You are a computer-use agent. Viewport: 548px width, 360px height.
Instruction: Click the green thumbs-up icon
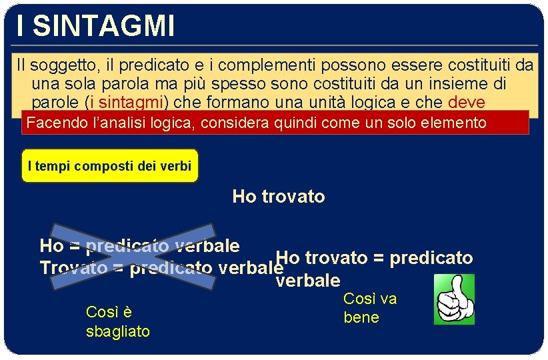click(454, 299)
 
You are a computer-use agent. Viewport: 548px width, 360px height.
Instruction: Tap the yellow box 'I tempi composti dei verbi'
click(110, 166)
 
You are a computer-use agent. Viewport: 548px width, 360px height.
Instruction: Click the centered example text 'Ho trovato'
click(279, 197)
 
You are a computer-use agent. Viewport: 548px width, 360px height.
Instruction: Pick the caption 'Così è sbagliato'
click(117, 321)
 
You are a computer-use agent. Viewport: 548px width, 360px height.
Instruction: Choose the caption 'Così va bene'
click(369, 308)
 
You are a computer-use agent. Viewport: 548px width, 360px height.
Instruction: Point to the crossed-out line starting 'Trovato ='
click(157, 268)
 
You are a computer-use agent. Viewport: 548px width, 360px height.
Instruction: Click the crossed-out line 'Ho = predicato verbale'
click(139, 246)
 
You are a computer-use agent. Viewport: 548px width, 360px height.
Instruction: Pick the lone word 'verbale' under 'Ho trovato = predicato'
click(307, 280)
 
